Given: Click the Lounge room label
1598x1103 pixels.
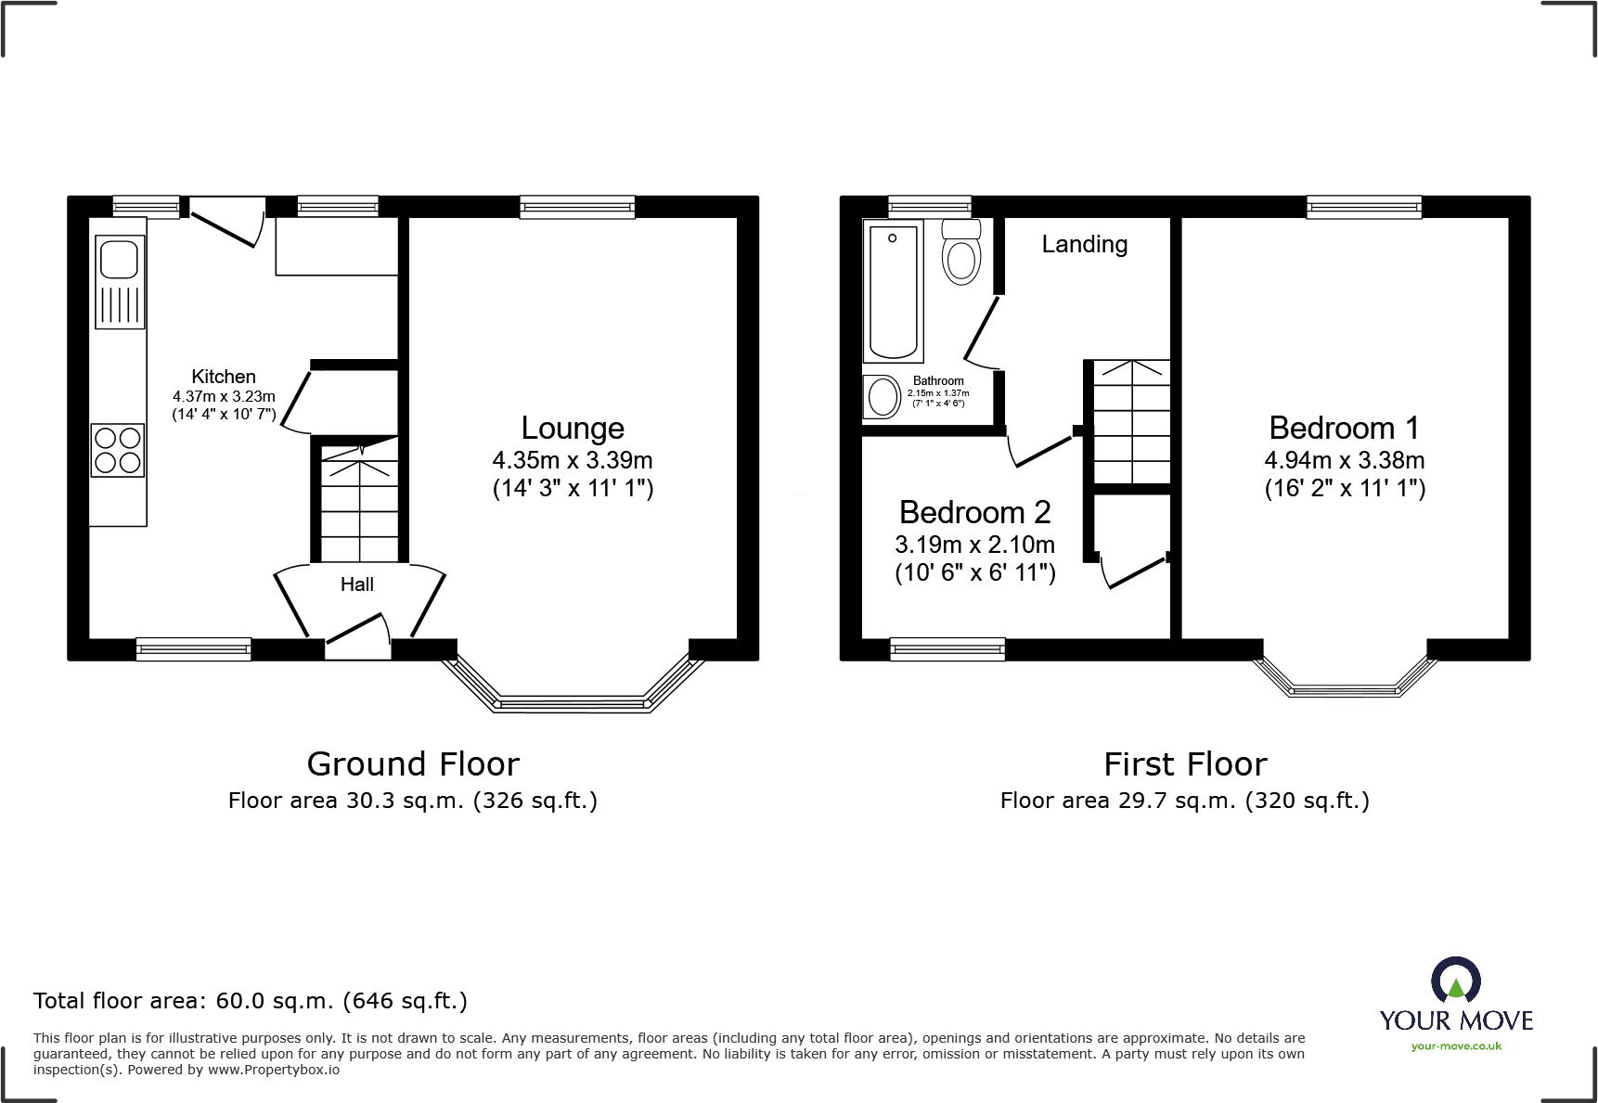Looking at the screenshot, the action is click(x=573, y=428).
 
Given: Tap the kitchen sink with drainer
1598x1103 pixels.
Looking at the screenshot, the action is click(x=120, y=282).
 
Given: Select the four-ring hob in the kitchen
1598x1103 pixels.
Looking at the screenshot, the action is click(x=118, y=450).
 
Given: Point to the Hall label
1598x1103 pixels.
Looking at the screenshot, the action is click(x=357, y=584).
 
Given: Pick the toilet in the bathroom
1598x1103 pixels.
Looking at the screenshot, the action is click(x=961, y=251).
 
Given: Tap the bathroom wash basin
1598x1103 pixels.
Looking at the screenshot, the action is click(x=883, y=397).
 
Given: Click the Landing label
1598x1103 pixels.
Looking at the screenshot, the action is click(x=1085, y=244).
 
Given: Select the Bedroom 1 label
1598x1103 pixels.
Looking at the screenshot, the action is click(x=1345, y=428).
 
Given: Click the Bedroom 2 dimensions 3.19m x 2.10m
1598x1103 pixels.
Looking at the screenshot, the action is click(x=974, y=545).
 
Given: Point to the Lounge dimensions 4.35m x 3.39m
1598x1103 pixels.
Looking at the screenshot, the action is click(x=573, y=460).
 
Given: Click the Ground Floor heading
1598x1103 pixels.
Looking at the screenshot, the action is click(x=413, y=764).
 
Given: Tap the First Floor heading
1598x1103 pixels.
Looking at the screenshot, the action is click(x=1185, y=764).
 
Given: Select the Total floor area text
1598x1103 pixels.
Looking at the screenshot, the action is click(x=251, y=1001).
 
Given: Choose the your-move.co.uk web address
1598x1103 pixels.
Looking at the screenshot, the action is click(x=1456, y=1046).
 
